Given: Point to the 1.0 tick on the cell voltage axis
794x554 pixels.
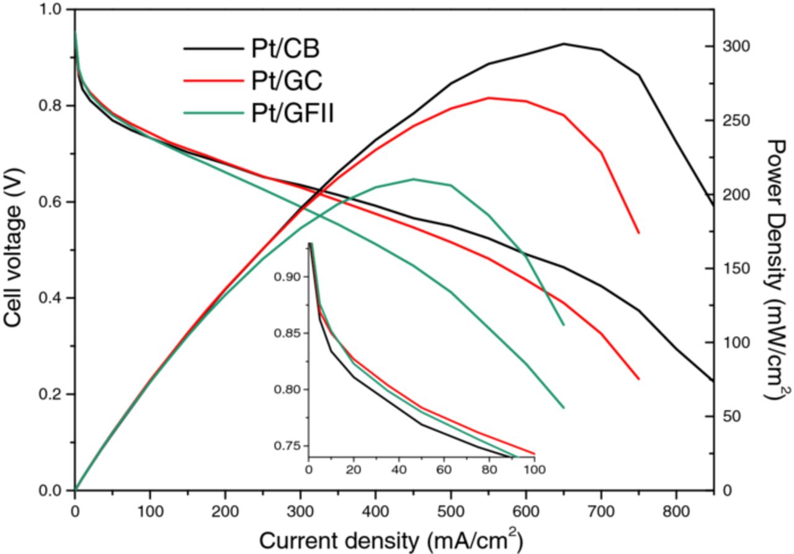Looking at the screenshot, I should click(51, 11).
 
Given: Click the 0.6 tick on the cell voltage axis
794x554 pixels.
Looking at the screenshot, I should click(51, 202).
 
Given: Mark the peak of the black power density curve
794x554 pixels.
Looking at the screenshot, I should click(564, 44).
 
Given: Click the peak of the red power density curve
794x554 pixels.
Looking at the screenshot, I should click(489, 98).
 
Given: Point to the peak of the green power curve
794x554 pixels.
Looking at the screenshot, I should click(414, 179).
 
